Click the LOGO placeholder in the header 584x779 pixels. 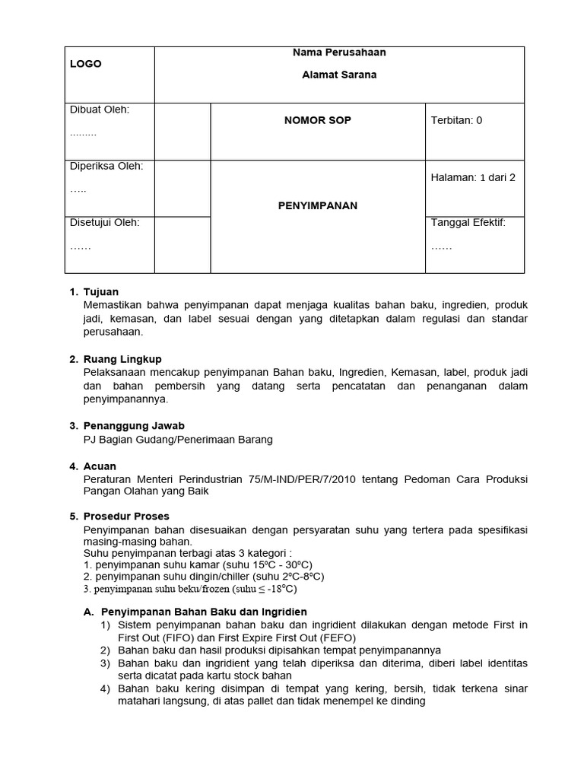(x=86, y=64)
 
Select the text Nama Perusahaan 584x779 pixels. (x=339, y=52)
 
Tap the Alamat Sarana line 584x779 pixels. (x=339, y=75)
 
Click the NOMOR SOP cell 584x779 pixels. (x=317, y=120)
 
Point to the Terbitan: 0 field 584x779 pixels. (x=456, y=120)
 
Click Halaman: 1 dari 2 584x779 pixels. (x=473, y=177)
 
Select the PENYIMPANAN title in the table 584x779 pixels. (x=317, y=205)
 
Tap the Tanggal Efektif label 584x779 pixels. (x=468, y=223)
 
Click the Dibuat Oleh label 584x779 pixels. (x=100, y=110)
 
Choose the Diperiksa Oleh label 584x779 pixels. (x=106, y=166)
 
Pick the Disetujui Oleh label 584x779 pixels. (x=105, y=223)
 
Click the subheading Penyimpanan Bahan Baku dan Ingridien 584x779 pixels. (x=204, y=612)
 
